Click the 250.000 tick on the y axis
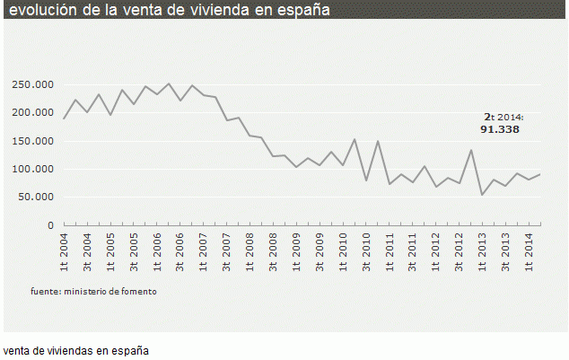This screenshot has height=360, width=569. tap(33, 84)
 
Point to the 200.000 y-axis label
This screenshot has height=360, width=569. tap(33, 112)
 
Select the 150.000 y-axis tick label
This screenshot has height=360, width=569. tap(33, 141)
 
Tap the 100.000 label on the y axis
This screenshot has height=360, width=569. tap(33, 169)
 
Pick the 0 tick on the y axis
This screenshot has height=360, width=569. tap(51, 224)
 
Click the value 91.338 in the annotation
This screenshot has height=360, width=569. tap(500, 129)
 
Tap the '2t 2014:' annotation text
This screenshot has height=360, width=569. tap(503, 117)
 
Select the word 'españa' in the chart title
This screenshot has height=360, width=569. tap(295, 11)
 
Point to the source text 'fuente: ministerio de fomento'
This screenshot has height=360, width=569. tap(86, 291)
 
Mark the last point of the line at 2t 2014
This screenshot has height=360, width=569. tap(539, 173)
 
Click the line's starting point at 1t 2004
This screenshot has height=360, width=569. tap(65, 118)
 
